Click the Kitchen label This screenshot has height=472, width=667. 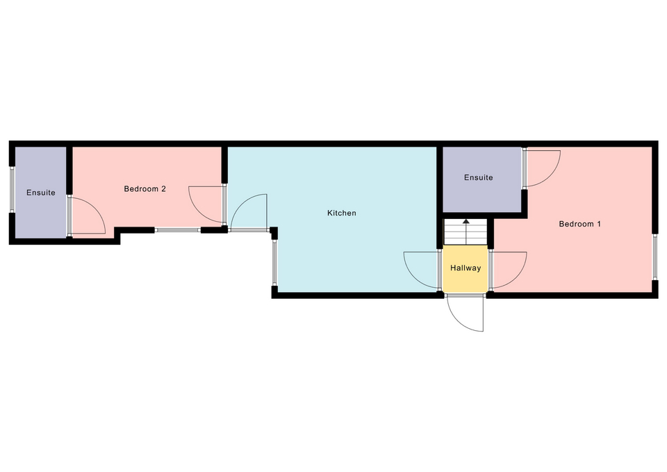pos(342,213)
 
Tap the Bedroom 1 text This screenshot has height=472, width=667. pos(579,224)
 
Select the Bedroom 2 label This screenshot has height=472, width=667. pos(145,188)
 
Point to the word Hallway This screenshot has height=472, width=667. pos(466,268)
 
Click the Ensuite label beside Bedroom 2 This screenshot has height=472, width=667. pos(41,193)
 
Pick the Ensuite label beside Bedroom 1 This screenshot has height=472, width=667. pos(479,177)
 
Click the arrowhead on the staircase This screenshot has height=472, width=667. pos(466,221)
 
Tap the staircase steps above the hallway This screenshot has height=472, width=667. pos(466,232)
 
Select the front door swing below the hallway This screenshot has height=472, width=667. pos(466,313)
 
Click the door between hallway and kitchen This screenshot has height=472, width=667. pos(421,270)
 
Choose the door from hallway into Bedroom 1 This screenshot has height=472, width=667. pos(509,270)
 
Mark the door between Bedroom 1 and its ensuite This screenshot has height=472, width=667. pos(541,168)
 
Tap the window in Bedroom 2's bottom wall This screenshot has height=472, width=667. pos(177,230)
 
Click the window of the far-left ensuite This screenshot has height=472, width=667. pos(12,189)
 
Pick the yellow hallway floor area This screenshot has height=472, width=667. pos(466,268)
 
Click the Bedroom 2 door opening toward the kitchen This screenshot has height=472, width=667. pos(207,204)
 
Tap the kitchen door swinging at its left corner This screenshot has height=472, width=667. pos(249,213)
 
